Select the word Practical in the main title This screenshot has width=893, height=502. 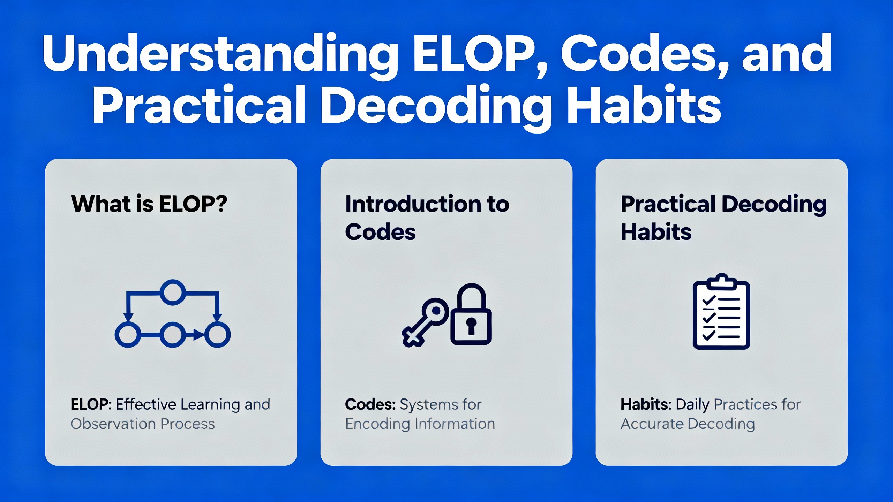pos(199,105)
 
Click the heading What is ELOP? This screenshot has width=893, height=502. pos(149,204)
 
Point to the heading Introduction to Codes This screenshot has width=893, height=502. pos(427,218)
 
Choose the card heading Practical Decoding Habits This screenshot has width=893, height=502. pos(723,218)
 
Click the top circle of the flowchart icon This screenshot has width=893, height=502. pos(173,292)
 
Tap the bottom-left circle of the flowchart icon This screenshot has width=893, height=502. pos(128,335)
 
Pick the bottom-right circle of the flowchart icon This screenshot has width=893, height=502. pos(217,335)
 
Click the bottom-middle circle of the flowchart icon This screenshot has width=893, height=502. pos(173,335)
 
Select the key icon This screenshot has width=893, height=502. pos(425,322)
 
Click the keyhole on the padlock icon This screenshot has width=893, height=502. pos(471,326)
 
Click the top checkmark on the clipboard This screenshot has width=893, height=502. pos(709,299)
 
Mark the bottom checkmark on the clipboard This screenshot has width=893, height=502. pos(709,335)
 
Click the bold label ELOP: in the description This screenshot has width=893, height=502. pos(91,404)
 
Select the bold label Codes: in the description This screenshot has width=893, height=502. pos(370,404)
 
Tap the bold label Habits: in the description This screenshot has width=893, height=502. pos(646,404)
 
